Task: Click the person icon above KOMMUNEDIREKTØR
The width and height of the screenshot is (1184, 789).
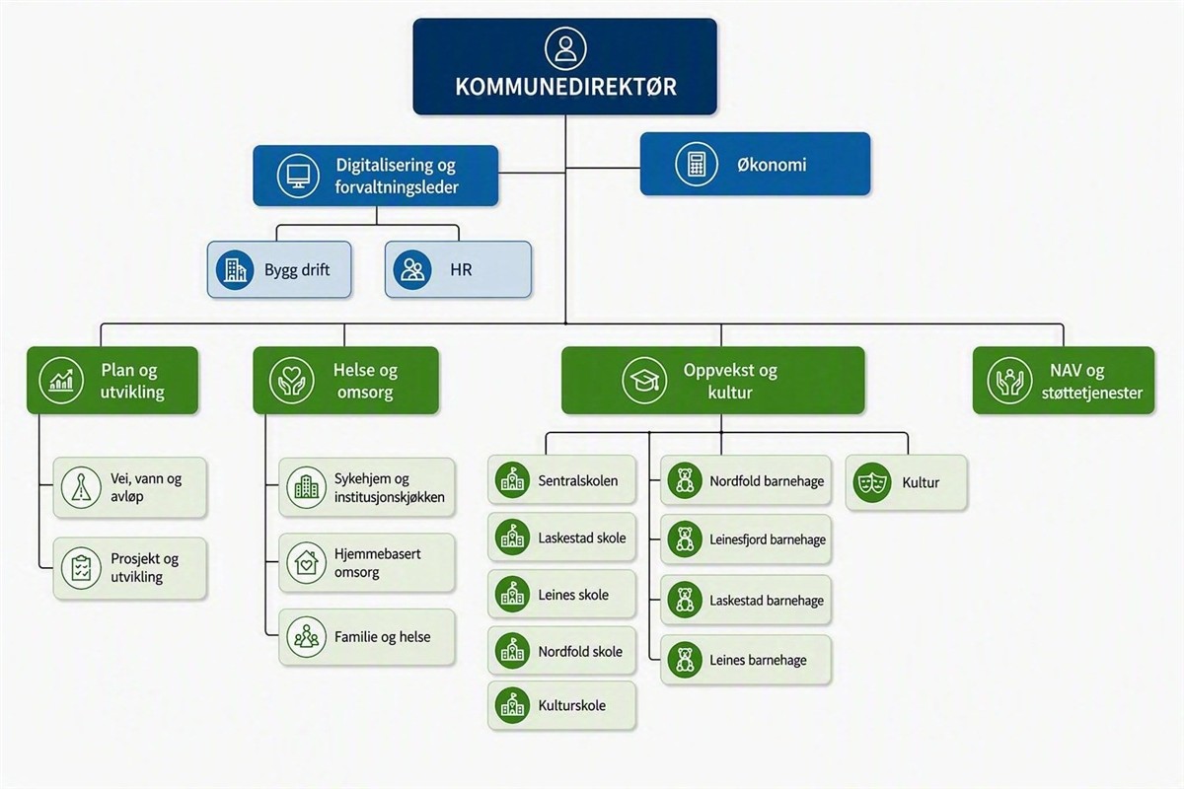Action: pos(565,48)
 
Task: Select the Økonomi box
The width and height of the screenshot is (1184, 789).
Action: pos(755,164)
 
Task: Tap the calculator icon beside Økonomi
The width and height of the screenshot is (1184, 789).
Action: pos(697,164)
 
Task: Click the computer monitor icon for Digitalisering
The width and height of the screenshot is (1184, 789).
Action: pos(298,176)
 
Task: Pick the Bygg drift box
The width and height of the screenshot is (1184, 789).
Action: pos(279,269)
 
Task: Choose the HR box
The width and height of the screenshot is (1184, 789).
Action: pos(458,269)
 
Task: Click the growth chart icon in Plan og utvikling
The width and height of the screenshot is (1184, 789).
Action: pos(61,381)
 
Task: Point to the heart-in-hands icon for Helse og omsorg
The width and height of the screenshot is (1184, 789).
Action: pos(291,381)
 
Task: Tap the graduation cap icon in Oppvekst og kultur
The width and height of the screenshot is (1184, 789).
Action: pos(644,381)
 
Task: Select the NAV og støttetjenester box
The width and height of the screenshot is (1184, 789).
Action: pos(1064,381)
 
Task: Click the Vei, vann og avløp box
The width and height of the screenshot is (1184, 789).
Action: pos(129,487)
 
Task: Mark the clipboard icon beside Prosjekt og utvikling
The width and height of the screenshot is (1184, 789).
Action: pos(81,568)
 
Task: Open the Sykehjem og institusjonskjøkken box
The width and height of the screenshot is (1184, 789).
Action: pos(366,487)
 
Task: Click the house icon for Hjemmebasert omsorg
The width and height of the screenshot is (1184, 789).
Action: pos(306,562)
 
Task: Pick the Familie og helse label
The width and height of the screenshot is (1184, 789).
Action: pos(382,637)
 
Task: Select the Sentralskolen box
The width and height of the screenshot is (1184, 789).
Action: pos(561,480)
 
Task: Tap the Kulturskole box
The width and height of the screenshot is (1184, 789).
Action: pos(561,705)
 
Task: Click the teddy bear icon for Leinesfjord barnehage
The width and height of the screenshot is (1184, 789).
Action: pos(685,539)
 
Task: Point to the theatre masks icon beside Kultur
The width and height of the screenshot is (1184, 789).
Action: pos(870,482)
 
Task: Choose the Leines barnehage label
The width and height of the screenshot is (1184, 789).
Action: pos(758,660)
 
